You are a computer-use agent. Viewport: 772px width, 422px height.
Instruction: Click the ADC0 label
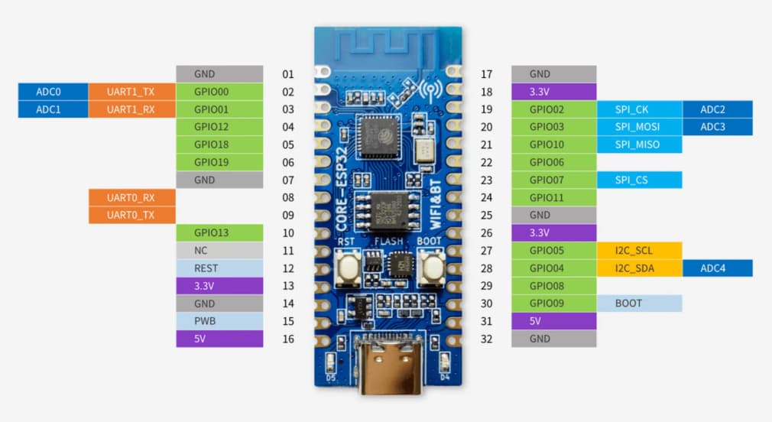(x=48, y=92)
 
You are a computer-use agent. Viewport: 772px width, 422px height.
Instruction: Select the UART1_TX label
(x=131, y=92)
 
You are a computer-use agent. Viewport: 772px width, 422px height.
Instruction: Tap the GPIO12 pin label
(x=211, y=127)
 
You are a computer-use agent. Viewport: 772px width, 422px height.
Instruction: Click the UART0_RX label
(x=131, y=197)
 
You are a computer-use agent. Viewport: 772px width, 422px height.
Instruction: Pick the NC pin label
(x=201, y=251)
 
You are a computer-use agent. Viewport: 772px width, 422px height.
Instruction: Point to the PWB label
(x=206, y=321)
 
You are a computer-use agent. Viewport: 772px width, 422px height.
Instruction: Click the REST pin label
(x=206, y=268)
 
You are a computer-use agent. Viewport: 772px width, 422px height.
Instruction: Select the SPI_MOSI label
(x=637, y=127)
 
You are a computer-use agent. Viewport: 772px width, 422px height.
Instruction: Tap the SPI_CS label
(x=632, y=180)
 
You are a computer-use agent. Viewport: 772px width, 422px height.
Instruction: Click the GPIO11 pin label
(x=547, y=197)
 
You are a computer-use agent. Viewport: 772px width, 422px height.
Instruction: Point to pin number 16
(x=288, y=339)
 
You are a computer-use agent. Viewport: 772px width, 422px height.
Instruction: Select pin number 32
(x=487, y=339)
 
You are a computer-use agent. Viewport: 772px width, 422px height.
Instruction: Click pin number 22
(x=487, y=162)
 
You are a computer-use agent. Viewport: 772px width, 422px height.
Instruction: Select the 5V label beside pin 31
(x=537, y=321)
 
